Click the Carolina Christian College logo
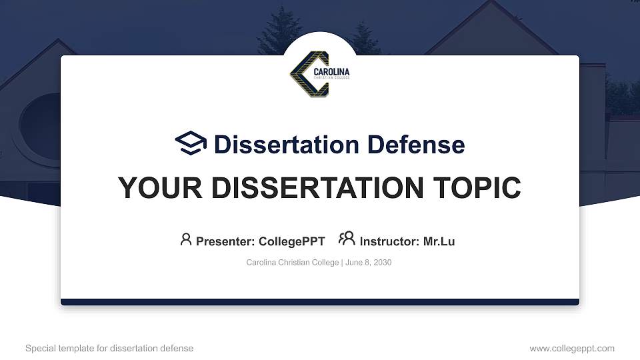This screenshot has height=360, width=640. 319,75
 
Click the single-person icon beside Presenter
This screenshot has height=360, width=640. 186,239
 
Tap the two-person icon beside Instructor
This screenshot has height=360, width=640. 347,239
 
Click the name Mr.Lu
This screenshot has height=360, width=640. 439,241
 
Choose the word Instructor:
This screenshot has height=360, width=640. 389,241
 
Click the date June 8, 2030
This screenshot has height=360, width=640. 369,263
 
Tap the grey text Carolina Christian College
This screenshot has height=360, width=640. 293,263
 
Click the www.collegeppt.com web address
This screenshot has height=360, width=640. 571,348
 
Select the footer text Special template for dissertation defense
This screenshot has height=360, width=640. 109,348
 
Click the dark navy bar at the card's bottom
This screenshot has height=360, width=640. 320,302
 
